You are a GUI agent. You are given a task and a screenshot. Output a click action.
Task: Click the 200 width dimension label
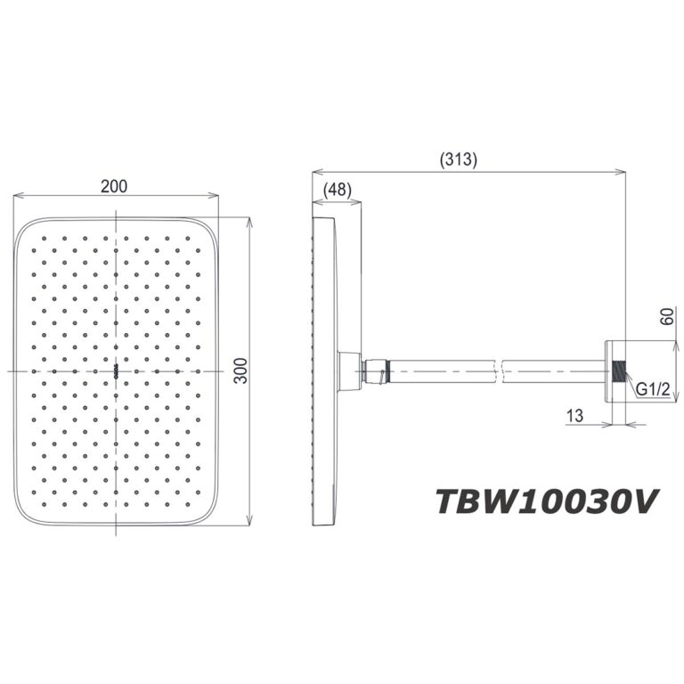point(114,186)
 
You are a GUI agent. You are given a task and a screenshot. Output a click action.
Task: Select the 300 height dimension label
point(240,370)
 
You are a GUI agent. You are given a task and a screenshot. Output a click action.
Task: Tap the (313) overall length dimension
point(459,161)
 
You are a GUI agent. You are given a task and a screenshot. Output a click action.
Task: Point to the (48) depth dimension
point(338,189)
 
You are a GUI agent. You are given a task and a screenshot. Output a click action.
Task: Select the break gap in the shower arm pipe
point(501,369)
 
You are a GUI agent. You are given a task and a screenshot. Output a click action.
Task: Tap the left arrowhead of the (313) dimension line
point(314,172)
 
